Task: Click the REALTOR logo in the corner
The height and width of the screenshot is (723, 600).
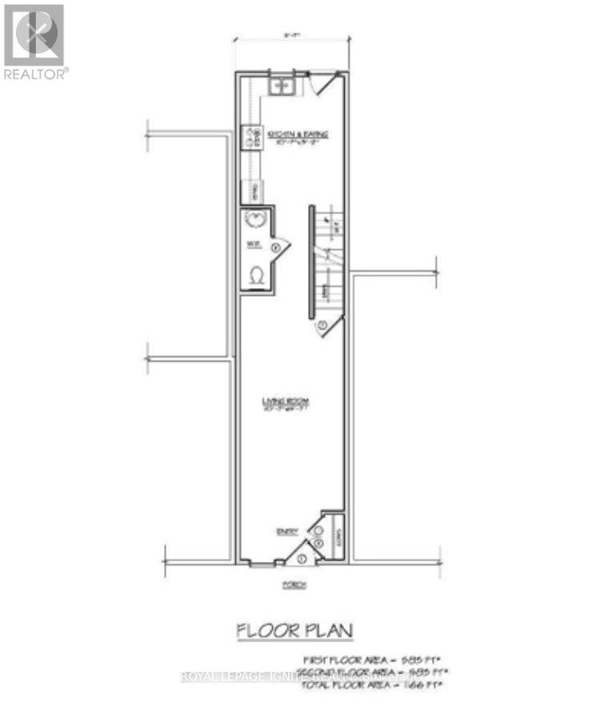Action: click(x=34, y=40)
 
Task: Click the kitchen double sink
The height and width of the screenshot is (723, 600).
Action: click(x=282, y=86)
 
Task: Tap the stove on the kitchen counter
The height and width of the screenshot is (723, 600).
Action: click(x=252, y=138)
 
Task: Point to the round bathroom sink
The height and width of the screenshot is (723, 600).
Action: click(x=256, y=221)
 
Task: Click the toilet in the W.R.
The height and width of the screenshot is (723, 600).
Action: click(x=257, y=275)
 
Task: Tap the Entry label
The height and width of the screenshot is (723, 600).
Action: click(x=286, y=530)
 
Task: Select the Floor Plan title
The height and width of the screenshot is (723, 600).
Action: click(x=294, y=631)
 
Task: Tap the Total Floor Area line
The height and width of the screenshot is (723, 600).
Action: click(x=372, y=685)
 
